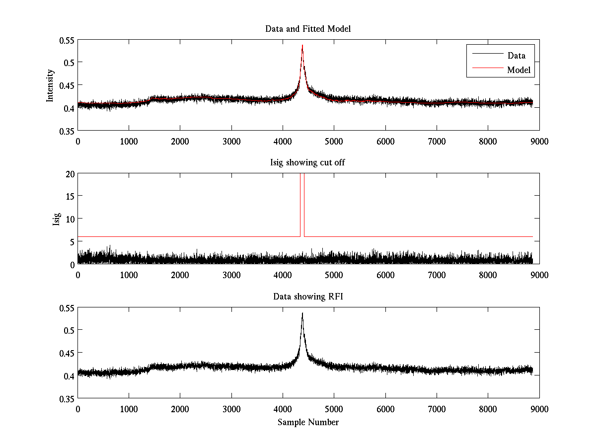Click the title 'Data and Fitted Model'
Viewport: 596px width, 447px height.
click(x=308, y=29)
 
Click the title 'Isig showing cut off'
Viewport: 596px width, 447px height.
click(x=308, y=163)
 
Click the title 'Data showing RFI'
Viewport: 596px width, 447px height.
click(x=308, y=297)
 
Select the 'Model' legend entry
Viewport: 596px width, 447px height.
click(x=519, y=70)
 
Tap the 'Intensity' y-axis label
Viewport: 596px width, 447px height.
click(x=50, y=85)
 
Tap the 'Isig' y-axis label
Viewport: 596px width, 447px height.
click(x=56, y=219)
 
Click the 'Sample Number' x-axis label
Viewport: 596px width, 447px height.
click(x=308, y=422)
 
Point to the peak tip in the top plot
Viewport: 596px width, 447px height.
click(x=302, y=45)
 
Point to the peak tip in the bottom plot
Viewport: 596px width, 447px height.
click(x=302, y=313)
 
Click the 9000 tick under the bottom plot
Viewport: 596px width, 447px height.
click(x=539, y=409)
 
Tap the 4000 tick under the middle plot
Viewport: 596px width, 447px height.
click(x=283, y=275)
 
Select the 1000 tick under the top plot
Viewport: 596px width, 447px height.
click(x=129, y=141)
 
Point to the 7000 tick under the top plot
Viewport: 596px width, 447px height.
click(x=437, y=141)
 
